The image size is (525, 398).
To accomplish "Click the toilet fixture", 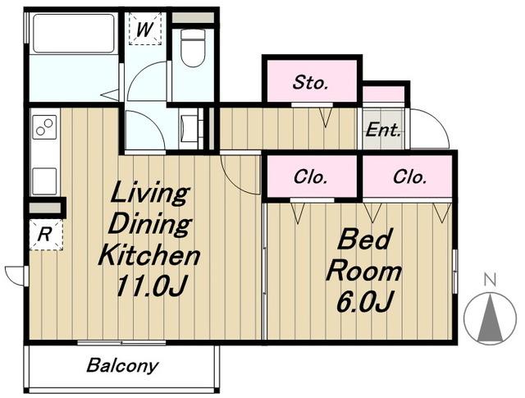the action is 192,47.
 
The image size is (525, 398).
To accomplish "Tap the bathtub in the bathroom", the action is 74,33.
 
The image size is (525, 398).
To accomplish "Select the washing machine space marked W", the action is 145,29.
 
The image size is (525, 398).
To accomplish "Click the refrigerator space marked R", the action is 46,234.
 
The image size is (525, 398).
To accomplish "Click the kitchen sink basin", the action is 44,181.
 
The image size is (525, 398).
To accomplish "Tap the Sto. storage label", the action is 310,82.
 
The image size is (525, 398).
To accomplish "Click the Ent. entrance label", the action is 383,130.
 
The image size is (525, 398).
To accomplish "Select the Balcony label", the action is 122,366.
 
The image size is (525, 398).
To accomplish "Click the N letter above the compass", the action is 491,280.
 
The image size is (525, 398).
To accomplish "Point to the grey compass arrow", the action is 491,318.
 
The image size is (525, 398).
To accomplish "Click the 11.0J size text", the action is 151,286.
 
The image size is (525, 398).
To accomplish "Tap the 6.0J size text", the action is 364,301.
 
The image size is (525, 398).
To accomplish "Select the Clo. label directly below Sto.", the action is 310,176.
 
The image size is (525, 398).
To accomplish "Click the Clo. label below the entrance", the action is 409,176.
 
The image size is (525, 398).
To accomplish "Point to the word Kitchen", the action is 149,254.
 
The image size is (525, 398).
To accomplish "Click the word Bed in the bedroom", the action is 363,239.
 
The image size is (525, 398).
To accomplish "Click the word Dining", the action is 149,223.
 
